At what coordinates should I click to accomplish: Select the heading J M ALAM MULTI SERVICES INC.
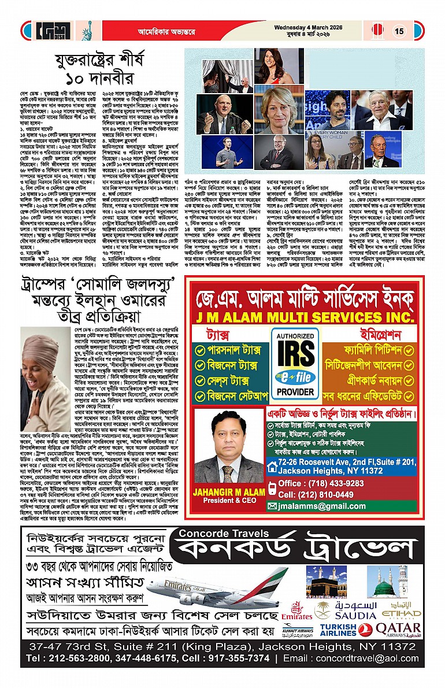click(x=303, y=319)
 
